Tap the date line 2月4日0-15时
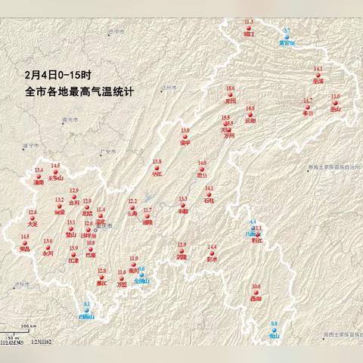pos(57,76)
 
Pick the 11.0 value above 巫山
pos(336,96)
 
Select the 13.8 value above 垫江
pos(157,161)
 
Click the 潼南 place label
pos(39,182)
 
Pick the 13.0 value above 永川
pos(48,240)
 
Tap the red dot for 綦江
pos(102,277)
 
